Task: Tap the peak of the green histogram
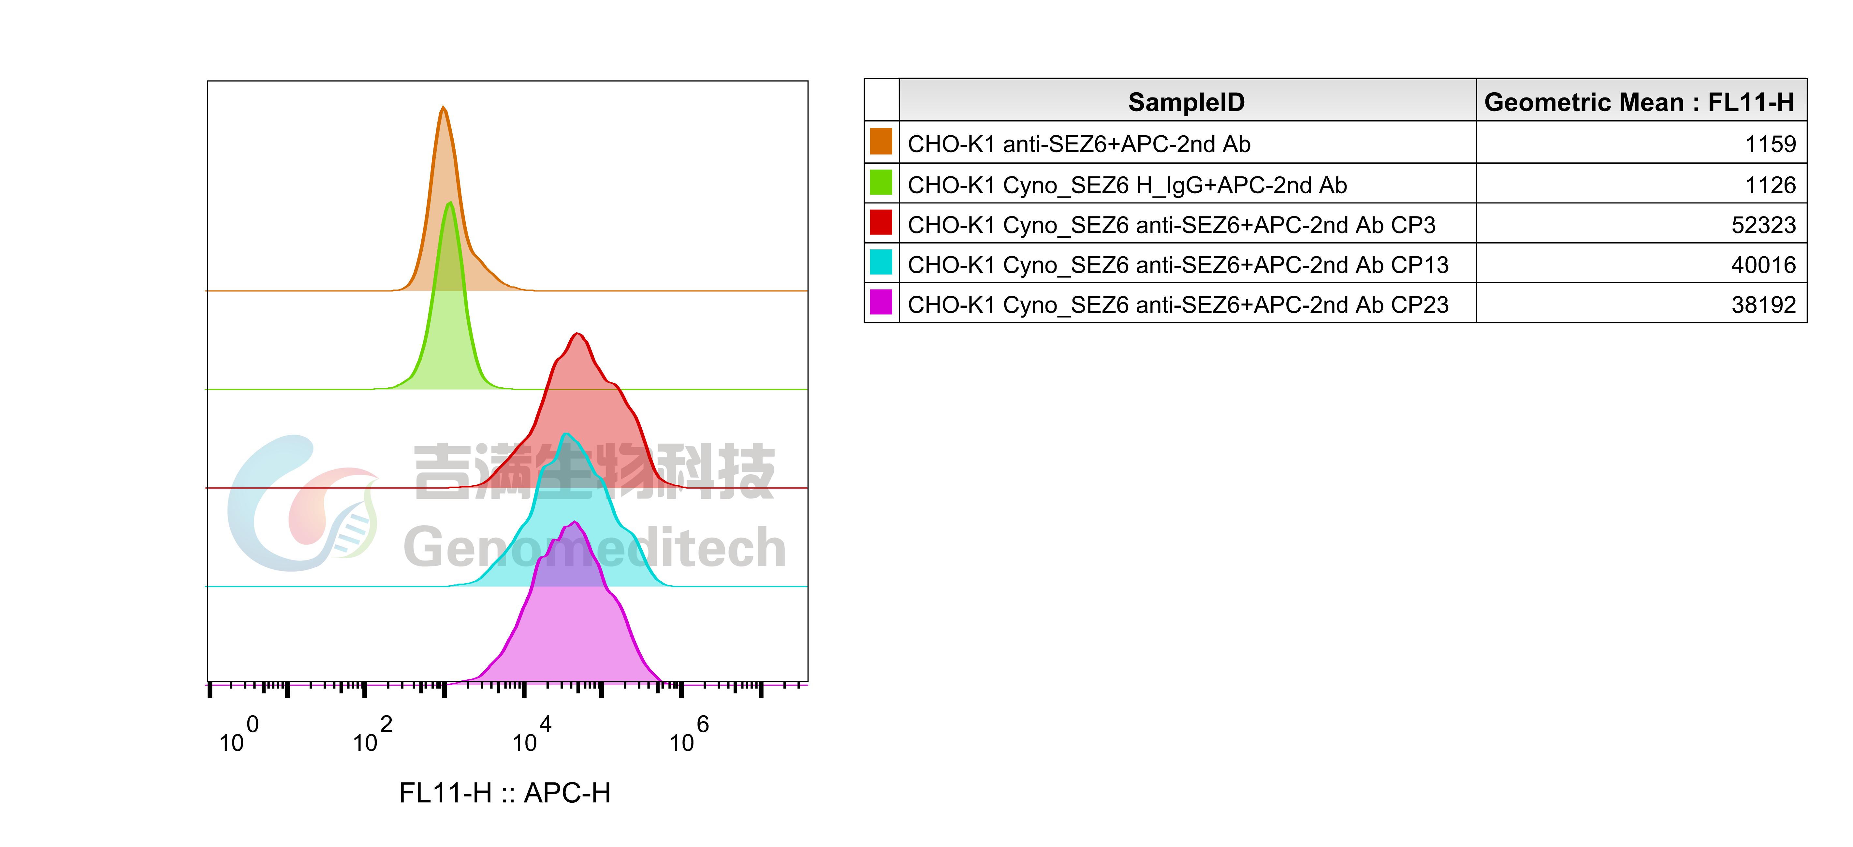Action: (450, 204)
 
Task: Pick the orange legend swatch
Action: (881, 141)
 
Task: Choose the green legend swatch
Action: (881, 182)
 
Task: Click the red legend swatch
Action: (881, 222)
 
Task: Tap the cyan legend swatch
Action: (881, 262)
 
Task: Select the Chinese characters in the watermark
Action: (594, 471)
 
